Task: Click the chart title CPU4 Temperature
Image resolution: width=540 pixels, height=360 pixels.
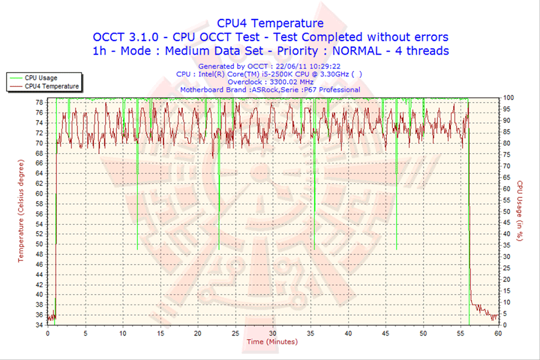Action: tap(270, 23)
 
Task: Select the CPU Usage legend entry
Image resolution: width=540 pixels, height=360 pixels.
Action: tap(40, 77)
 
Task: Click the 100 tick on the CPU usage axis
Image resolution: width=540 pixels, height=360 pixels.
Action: tap(508, 98)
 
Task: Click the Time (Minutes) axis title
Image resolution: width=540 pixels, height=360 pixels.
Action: tap(271, 342)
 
